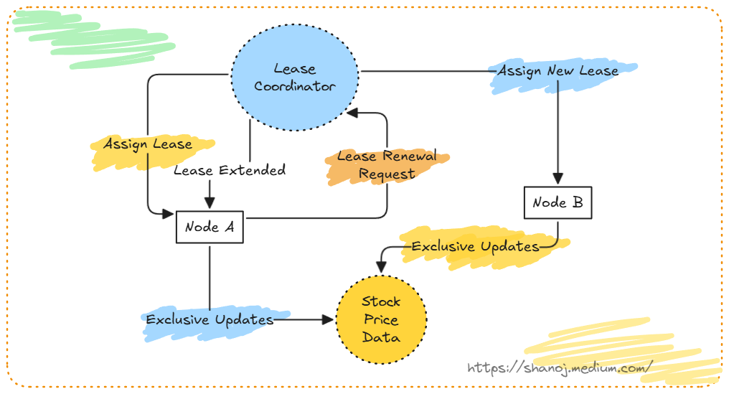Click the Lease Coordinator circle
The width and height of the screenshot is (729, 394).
coord(295,78)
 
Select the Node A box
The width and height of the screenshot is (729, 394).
coord(210,227)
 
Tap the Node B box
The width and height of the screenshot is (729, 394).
coord(558,203)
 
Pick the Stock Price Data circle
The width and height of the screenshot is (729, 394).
coord(381,319)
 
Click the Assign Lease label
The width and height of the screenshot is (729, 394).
coord(148,144)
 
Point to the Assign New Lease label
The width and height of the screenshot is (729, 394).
coord(558,72)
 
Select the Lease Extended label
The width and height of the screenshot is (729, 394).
coord(230,170)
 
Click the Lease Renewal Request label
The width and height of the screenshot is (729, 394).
coord(387,165)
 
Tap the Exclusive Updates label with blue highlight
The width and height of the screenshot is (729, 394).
coord(210,319)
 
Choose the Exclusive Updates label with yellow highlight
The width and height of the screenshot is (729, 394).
coord(475,247)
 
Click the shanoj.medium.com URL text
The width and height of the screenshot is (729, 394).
coord(560,367)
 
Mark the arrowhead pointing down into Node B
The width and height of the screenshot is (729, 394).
coord(558,179)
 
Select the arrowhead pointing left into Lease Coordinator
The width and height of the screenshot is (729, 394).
coord(352,113)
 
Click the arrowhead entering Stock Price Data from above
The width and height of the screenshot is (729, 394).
coord(380,268)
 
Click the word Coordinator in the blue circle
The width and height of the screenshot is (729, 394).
coord(295,87)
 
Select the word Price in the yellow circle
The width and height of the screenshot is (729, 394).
coord(381,319)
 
